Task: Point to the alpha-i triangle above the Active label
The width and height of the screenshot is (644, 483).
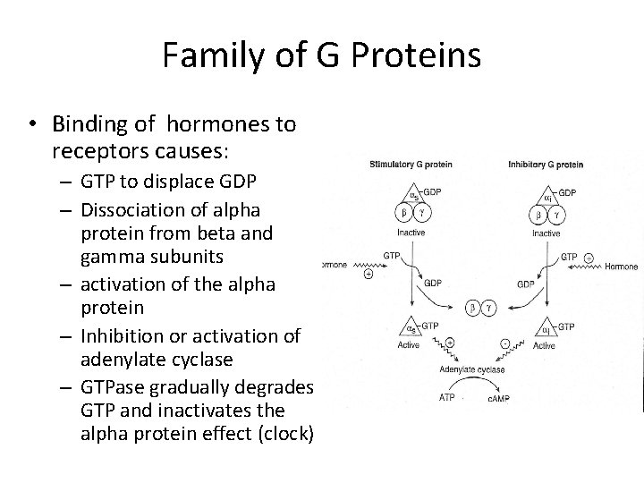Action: pos(546,330)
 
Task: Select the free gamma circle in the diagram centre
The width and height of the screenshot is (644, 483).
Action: pos(488,308)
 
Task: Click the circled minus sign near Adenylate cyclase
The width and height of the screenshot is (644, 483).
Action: pos(504,342)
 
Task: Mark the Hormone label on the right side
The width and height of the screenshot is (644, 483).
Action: pos(622,266)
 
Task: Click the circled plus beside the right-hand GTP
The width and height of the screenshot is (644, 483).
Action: pos(589,256)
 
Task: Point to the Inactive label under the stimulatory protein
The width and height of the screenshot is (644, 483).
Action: pos(412,233)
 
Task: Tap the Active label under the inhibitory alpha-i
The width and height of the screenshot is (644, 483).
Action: pos(545,345)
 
